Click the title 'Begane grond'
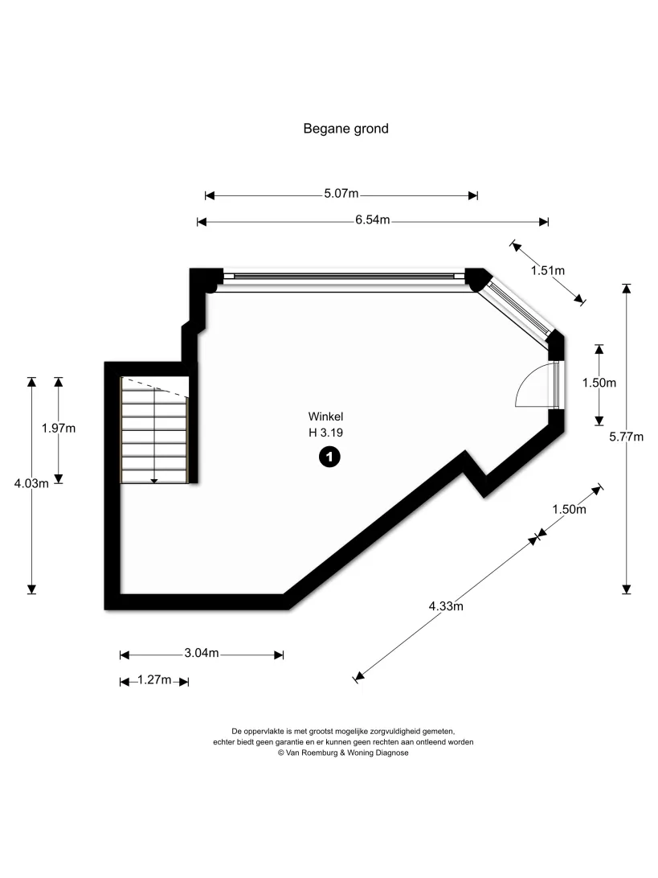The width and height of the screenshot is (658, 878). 345,129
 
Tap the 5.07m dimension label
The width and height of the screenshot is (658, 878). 341,194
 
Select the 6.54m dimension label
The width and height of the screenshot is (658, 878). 373,220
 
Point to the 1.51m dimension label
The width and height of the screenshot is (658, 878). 548,270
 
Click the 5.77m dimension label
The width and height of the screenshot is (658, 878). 626,437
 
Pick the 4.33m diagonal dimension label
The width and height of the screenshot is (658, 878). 446,606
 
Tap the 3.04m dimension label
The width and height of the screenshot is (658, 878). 202,653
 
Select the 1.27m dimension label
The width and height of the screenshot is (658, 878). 154,679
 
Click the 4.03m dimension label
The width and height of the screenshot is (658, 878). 31,484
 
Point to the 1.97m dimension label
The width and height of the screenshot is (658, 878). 58,429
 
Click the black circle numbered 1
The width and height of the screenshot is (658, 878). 329,457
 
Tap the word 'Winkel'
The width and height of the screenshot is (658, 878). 325,416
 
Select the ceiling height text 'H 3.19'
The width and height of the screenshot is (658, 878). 325,433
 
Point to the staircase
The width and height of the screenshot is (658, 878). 154,430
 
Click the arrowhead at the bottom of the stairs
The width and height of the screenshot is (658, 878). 154,481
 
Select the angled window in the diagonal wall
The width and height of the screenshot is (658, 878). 518,309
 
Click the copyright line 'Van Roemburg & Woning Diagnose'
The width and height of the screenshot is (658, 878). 343,753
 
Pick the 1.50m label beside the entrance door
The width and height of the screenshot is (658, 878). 599,383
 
